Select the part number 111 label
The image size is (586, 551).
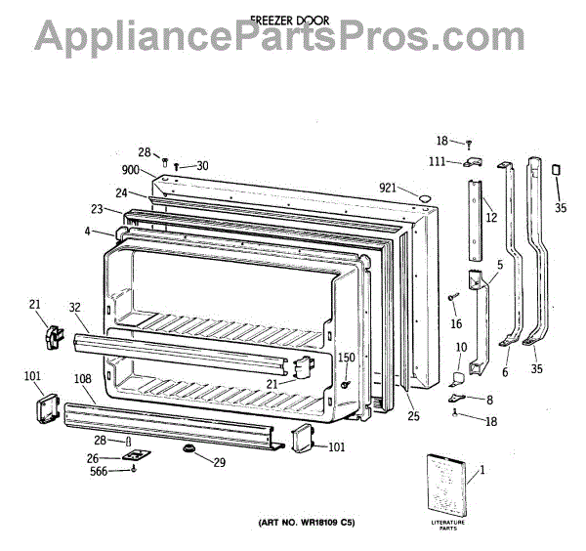tap(439, 161)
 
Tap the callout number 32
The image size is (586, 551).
tap(75, 307)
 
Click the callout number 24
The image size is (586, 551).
tap(120, 192)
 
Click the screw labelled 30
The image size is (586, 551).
tap(180, 167)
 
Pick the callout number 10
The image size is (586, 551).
tap(460, 348)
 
